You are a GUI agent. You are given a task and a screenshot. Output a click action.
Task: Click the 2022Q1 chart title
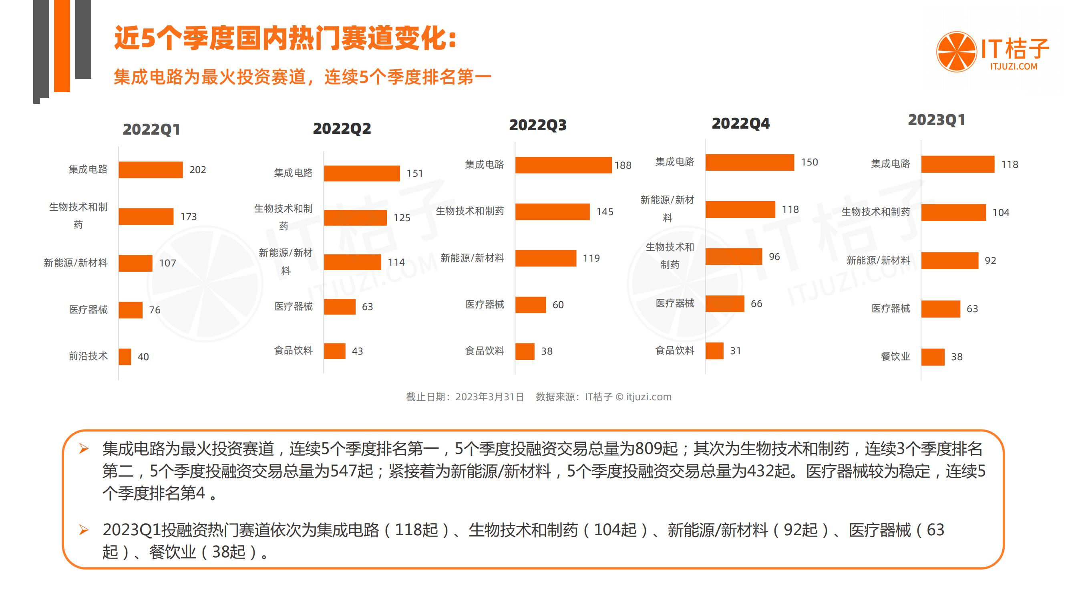click(151, 129)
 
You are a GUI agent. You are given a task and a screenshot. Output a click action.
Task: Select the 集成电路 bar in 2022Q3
click(563, 165)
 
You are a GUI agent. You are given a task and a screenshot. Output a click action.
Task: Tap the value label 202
click(197, 169)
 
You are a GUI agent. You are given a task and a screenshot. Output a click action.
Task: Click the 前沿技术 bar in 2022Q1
click(125, 357)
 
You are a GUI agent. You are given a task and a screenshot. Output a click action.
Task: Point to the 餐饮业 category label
click(895, 356)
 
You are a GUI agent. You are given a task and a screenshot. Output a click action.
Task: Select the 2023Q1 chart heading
click(936, 120)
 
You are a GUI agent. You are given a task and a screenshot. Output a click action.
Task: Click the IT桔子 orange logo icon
click(956, 52)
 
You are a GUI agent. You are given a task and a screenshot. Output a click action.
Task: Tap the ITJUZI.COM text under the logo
click(1013, 67)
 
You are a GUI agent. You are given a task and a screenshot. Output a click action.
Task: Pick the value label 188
click(623, 165)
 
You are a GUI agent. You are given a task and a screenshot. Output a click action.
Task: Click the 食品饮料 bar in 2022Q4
click(714, 351)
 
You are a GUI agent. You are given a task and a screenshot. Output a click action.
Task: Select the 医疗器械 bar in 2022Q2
click(340, 307)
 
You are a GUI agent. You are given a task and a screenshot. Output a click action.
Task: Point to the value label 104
click(1000, 213)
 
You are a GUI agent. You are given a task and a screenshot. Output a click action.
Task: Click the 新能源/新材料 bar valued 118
click(740, 210)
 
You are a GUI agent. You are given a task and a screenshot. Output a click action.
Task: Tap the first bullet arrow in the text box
click(84, 449)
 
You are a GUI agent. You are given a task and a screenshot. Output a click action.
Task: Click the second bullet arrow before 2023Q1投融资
click(84, 530)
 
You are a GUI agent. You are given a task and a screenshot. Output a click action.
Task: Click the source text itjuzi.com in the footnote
click(648, 397)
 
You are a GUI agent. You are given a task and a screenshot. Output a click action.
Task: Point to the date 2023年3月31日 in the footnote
click(489, 397)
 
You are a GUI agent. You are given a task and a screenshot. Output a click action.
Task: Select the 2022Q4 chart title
click(740, 123)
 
